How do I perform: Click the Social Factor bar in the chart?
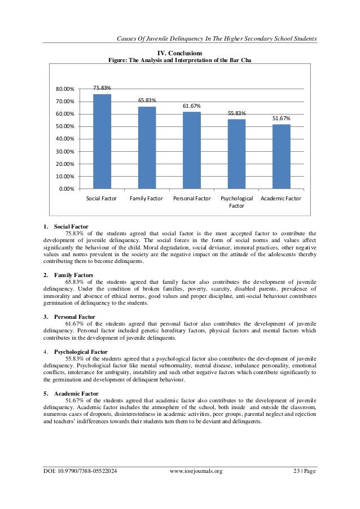click(x=102, y=141)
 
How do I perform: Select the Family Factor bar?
click(x=147, y=147)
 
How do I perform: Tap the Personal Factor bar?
click(x=191, y=150)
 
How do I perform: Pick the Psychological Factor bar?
click(x=236, y=153)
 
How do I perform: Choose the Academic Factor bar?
click(x=281, y=156)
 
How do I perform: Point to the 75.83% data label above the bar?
click(x=102, y=88)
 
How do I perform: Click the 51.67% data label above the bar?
click(x=281, y=119)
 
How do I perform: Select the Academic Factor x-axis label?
click(x=281, y=199)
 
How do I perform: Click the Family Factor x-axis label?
click(x=147, y=199)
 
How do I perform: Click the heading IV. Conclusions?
click(x=180, y=52)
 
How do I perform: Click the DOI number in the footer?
click(x=80, y=487)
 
